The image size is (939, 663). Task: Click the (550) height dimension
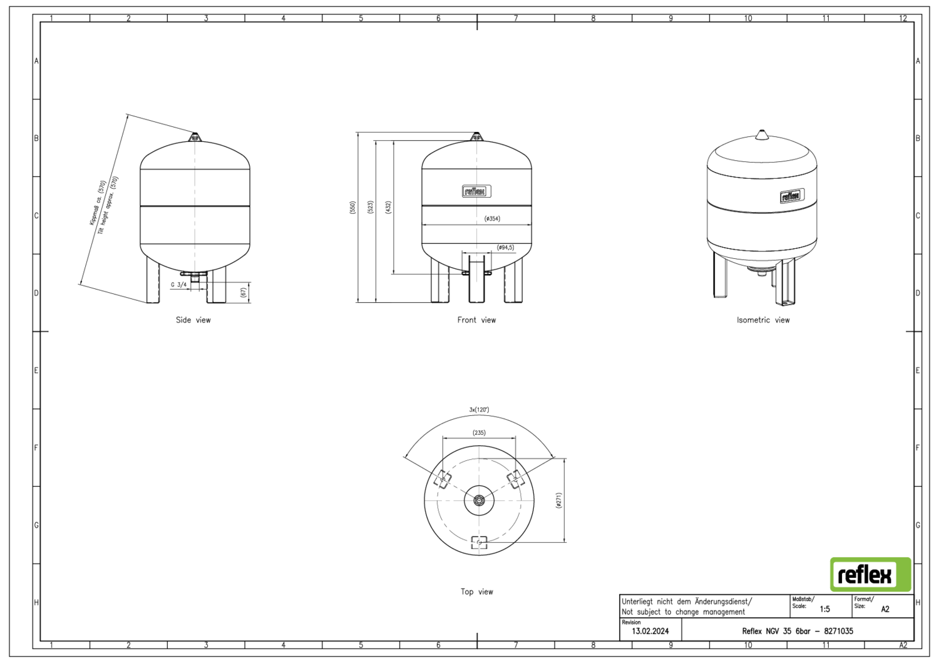click(352, 208)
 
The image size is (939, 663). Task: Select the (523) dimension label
click(371, 208)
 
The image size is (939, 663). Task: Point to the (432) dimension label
click(388, 208)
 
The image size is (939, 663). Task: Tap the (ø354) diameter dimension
click(492, 219)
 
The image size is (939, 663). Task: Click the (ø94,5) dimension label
click(506, 248)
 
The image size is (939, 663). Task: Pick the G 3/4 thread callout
click(178, 285)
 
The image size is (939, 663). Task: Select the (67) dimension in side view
click(243, 293)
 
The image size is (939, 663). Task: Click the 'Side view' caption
click(193, 320)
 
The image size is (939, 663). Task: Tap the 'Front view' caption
click(476, 320)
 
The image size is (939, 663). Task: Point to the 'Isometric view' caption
click(763, 320)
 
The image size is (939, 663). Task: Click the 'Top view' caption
click(477, 592)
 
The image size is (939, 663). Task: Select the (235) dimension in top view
click(479, 433)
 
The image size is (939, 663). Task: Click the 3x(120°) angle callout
click(479, 410)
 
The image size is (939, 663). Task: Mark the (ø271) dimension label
click(559, 500)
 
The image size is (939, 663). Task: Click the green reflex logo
click(870, 574)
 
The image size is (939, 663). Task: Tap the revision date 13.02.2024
click(650, 631)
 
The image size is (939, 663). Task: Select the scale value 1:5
click(824, 609)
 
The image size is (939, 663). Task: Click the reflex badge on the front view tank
click(476, 191)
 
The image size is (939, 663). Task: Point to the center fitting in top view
click(479, 500)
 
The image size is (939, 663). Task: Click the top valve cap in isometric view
click(762, 135)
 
